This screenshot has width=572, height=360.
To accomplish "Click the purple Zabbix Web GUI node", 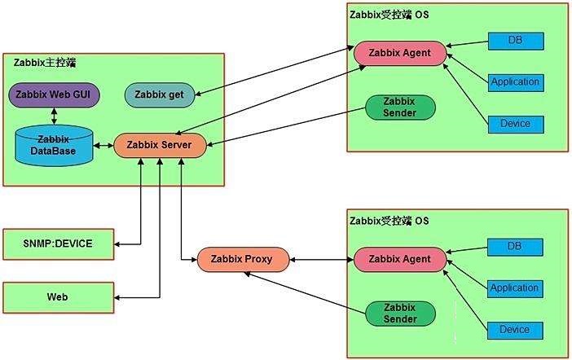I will click(x=54, y=94).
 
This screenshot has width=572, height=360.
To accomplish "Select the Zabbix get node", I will click(x=160, y=95).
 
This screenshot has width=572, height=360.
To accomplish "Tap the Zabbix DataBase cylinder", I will click(x=55, y=146).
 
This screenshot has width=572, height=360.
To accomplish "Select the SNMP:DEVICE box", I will click(x=58, y=243).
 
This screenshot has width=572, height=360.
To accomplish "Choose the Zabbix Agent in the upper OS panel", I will click(x=400, y=53).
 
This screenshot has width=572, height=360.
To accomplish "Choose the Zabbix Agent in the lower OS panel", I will click(x=400, y=260).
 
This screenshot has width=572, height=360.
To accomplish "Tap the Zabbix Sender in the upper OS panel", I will click(x=400, y=107).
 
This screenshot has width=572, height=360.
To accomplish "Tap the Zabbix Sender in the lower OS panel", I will click(x=400, y=313).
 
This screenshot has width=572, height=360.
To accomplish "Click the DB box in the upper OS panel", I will click(x=515, y=40).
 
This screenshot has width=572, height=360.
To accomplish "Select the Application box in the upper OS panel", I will click(x=515, y=81).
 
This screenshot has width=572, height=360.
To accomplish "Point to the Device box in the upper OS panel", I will click(x=515, y=124).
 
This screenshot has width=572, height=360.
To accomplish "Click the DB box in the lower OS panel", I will click(x=515, y=246).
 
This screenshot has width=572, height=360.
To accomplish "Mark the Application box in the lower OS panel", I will click(x=515, y=288).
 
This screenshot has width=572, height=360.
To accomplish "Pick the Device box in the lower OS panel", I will click(x=515, y=330).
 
